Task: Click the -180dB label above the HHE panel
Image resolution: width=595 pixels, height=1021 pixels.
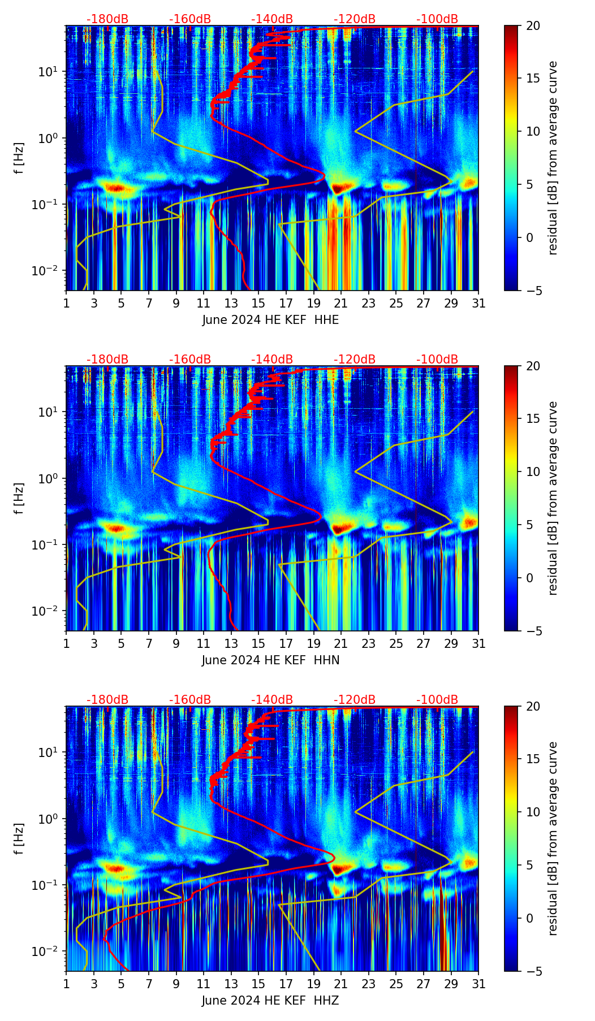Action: (107, 19)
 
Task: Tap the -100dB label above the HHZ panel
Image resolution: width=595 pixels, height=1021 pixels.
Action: (437, 700)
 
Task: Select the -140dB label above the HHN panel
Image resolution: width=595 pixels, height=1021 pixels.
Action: (272, 360)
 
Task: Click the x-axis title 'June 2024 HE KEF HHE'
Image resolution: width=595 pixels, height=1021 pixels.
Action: (270, 320)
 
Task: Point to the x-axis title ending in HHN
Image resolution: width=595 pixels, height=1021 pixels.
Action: (270, 660)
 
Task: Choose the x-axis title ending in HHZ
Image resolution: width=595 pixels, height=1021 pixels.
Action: (270, 1001)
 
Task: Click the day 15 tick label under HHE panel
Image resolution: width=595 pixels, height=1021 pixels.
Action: (258, 304)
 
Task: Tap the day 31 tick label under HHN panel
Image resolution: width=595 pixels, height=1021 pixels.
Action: (478, 644)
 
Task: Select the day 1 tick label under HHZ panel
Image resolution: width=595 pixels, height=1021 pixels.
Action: (66, 984)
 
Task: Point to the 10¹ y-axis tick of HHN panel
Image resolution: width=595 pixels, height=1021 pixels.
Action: (51, 412)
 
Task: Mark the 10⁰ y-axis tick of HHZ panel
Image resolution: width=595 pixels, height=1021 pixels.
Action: (51, 819)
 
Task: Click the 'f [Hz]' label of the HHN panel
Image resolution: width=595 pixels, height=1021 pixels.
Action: (19, 498)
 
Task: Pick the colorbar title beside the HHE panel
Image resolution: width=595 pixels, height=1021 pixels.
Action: (553, 158)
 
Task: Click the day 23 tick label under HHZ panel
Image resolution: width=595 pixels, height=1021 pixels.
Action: (368, 984)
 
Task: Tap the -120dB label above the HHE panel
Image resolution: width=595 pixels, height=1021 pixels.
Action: (355, 19)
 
